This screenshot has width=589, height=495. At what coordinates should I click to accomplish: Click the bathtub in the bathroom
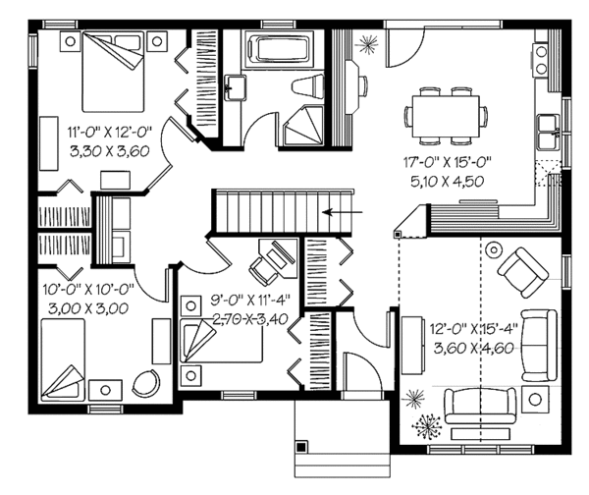(276, 49)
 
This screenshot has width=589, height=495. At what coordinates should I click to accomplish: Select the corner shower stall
(300, 128)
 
